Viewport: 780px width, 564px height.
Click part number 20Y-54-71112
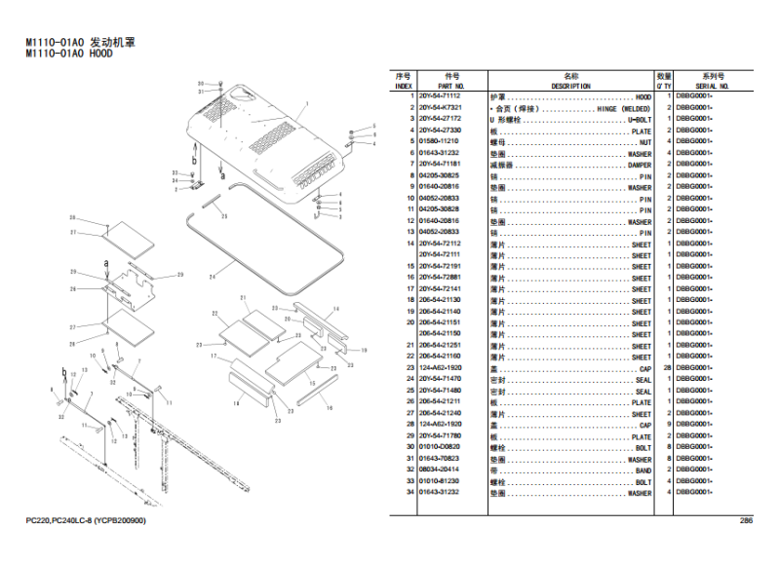[x=440, y=97]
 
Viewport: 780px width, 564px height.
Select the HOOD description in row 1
[x=643, y=97]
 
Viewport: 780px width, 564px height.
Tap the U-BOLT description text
[x=639, y=120]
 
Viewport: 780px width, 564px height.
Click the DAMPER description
[x=639, y=165]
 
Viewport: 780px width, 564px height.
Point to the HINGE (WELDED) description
[x=624, y=108]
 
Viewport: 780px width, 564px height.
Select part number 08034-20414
[x=439, y=470]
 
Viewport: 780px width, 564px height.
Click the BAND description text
[x=643, y=470]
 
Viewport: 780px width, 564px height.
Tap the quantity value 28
[x=664, y=369]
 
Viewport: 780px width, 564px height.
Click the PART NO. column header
[x=451, y=87]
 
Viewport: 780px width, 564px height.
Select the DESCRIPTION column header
[x=571, y=87]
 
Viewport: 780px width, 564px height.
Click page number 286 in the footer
[x=746, y=520]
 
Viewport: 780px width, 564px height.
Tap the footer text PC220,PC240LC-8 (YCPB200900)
[x=87, y=520]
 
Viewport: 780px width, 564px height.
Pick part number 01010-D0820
[x=439, y=448]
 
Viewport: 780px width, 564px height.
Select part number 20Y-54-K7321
[x=440, y=108]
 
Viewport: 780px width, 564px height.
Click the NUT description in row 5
[x=644, y=142]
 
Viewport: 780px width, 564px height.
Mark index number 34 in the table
[x=410, y=493]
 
